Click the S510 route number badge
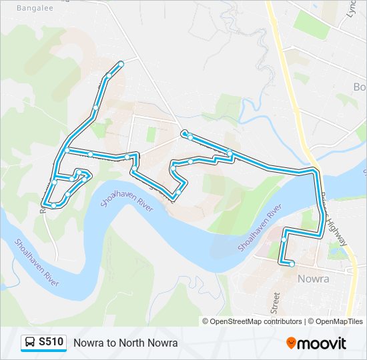[x=51, y=342]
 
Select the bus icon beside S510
[x=30, y=343]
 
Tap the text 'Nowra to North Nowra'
[x=125, y=343]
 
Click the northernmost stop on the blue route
[x=121, y=64]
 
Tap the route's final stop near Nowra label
[x=292, y=264]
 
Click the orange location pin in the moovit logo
[x=291, y=343]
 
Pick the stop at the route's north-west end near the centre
[x=184, y=133]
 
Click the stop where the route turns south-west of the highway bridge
[x=285, y=239]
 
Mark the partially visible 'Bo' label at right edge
[x=360, y=87]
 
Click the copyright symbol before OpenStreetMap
[x=206, y=321]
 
